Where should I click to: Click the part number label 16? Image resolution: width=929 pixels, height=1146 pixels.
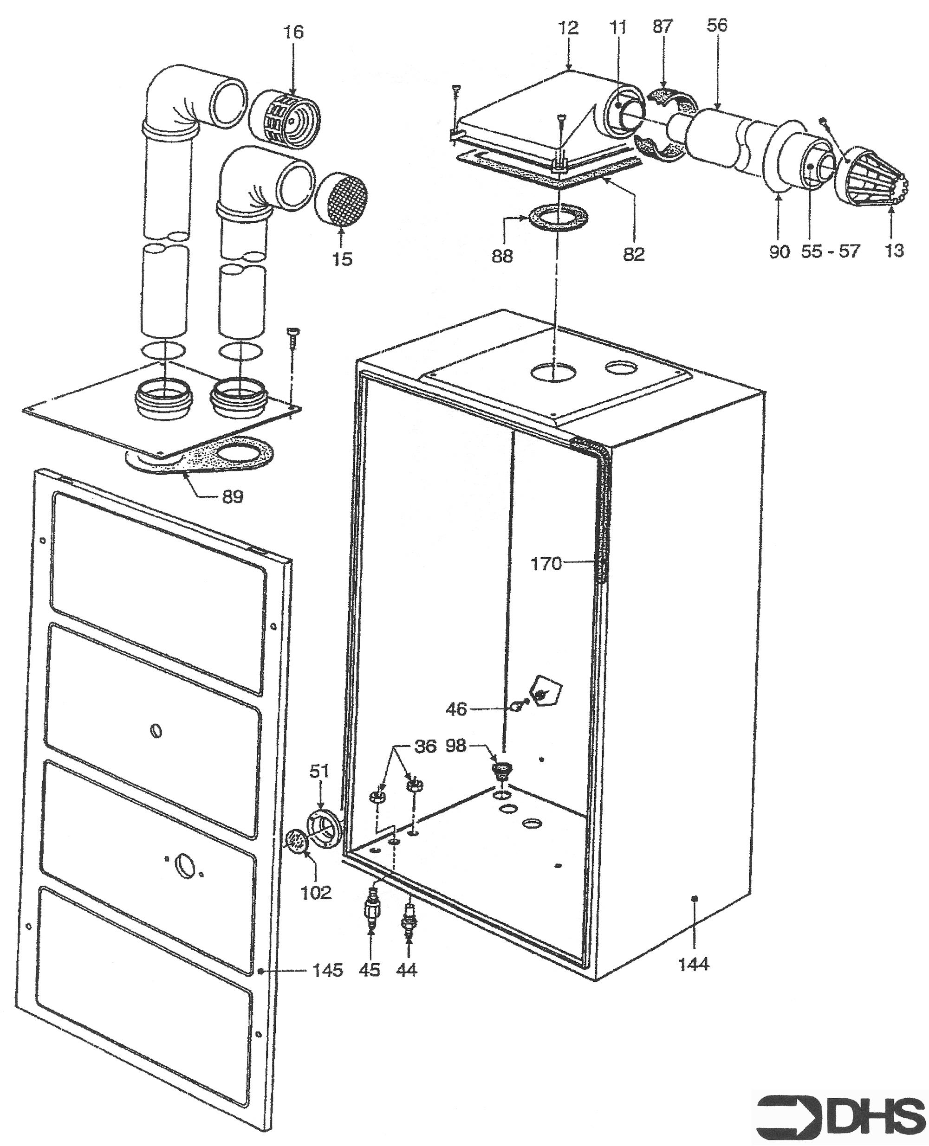(293, 32)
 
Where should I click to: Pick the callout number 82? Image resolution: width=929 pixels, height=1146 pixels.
(634, 254)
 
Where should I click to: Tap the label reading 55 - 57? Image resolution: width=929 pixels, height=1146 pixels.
(830, 251)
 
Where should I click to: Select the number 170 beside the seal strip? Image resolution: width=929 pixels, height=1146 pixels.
(546, 564)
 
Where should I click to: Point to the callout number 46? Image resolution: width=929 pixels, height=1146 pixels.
(456, 709)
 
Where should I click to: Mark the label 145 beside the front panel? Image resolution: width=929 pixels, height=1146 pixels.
(327, 970)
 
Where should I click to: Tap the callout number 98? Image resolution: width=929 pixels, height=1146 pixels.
(455, 746)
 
